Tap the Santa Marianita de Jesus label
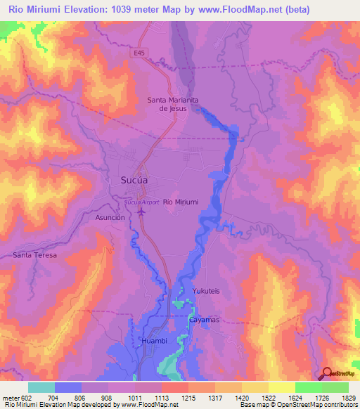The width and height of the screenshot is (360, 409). (172, 104)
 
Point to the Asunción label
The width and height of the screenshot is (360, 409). (110, 218)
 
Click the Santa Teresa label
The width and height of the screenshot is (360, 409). (34, 254)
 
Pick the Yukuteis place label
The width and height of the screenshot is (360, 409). (207, 290)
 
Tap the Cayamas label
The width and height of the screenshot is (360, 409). (205, 320)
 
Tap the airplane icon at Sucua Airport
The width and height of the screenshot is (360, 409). (141, 210)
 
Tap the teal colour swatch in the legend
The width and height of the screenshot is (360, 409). (41, 387)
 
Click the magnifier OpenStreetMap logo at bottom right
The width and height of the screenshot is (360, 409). (328, 372)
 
